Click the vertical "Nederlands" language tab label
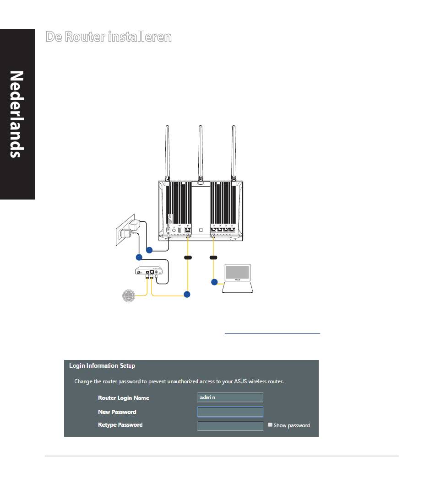[16, 114]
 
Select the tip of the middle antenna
[200, 127]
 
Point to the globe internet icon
[129, 296]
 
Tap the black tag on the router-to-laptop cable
[213, 258]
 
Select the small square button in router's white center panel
[201, 229]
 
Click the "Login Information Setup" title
[102, 366]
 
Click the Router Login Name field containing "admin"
[230, 397]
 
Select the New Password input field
[230, 412]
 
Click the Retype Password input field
[230, 425]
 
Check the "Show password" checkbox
[270, 425]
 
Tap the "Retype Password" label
[120, 425]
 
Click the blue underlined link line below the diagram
[272, 333]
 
